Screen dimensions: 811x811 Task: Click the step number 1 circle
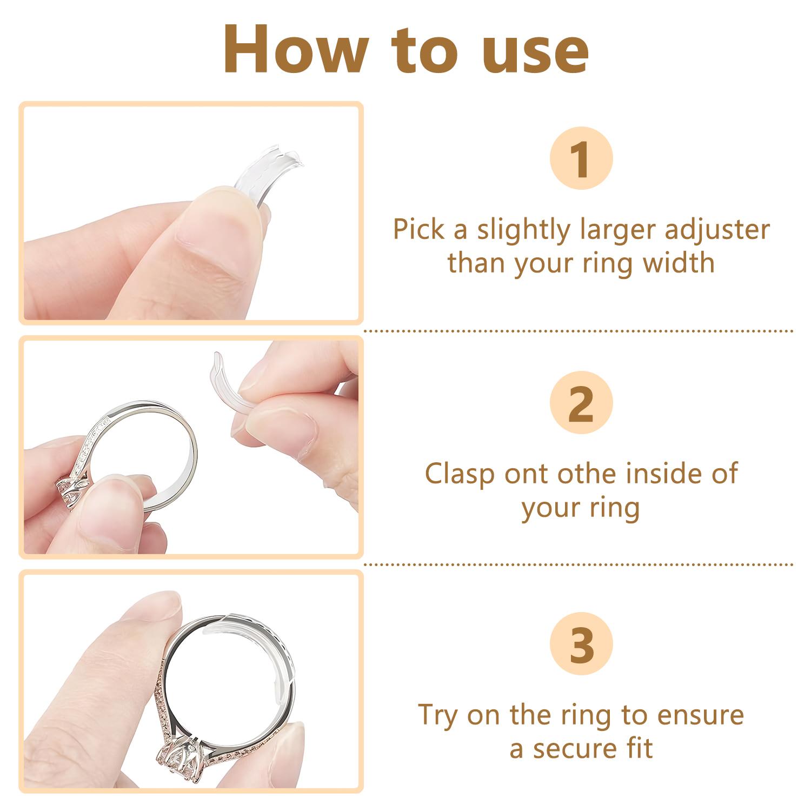[x=581, y=158]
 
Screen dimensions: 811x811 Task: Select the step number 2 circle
[x=581, y=403]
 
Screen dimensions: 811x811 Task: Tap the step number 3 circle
[x=581, y=643]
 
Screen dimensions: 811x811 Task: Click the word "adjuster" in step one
[x=716, y=230]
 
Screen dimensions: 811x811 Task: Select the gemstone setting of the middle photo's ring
[x=70, y=489]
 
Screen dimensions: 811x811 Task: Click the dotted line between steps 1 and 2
[x=579, y=330]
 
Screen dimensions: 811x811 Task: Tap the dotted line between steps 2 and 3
[x=579, y=564]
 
